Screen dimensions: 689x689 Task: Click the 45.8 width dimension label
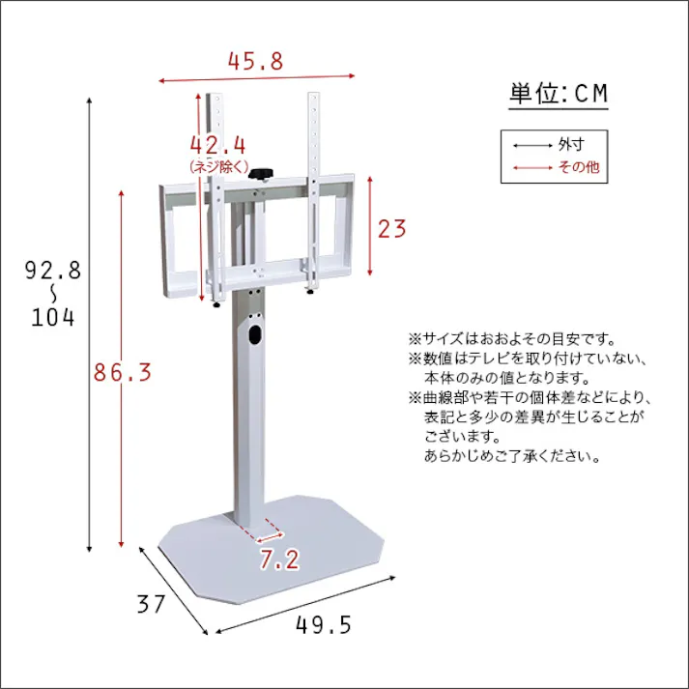(256, 61)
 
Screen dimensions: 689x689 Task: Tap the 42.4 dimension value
(217, 146)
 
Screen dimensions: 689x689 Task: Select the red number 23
(391, 229)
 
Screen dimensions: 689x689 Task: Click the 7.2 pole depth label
(279, 558)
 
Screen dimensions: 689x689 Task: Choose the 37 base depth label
(151, 606)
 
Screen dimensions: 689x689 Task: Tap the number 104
(52, 317)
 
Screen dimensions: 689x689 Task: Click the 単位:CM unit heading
(560, 94)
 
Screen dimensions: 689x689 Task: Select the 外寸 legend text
(571, 145)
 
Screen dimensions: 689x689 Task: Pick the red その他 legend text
(579, 167)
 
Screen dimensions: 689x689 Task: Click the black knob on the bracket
(263, 173)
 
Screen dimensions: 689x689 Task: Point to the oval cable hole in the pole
(255, 335)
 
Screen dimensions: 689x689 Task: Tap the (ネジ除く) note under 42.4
(218, 167)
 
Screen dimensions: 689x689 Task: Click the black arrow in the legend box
(531, 146)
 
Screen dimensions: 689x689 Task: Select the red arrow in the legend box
(531, 168)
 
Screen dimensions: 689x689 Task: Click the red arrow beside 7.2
(269, 531)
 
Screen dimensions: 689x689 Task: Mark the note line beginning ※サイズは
(511, 339)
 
